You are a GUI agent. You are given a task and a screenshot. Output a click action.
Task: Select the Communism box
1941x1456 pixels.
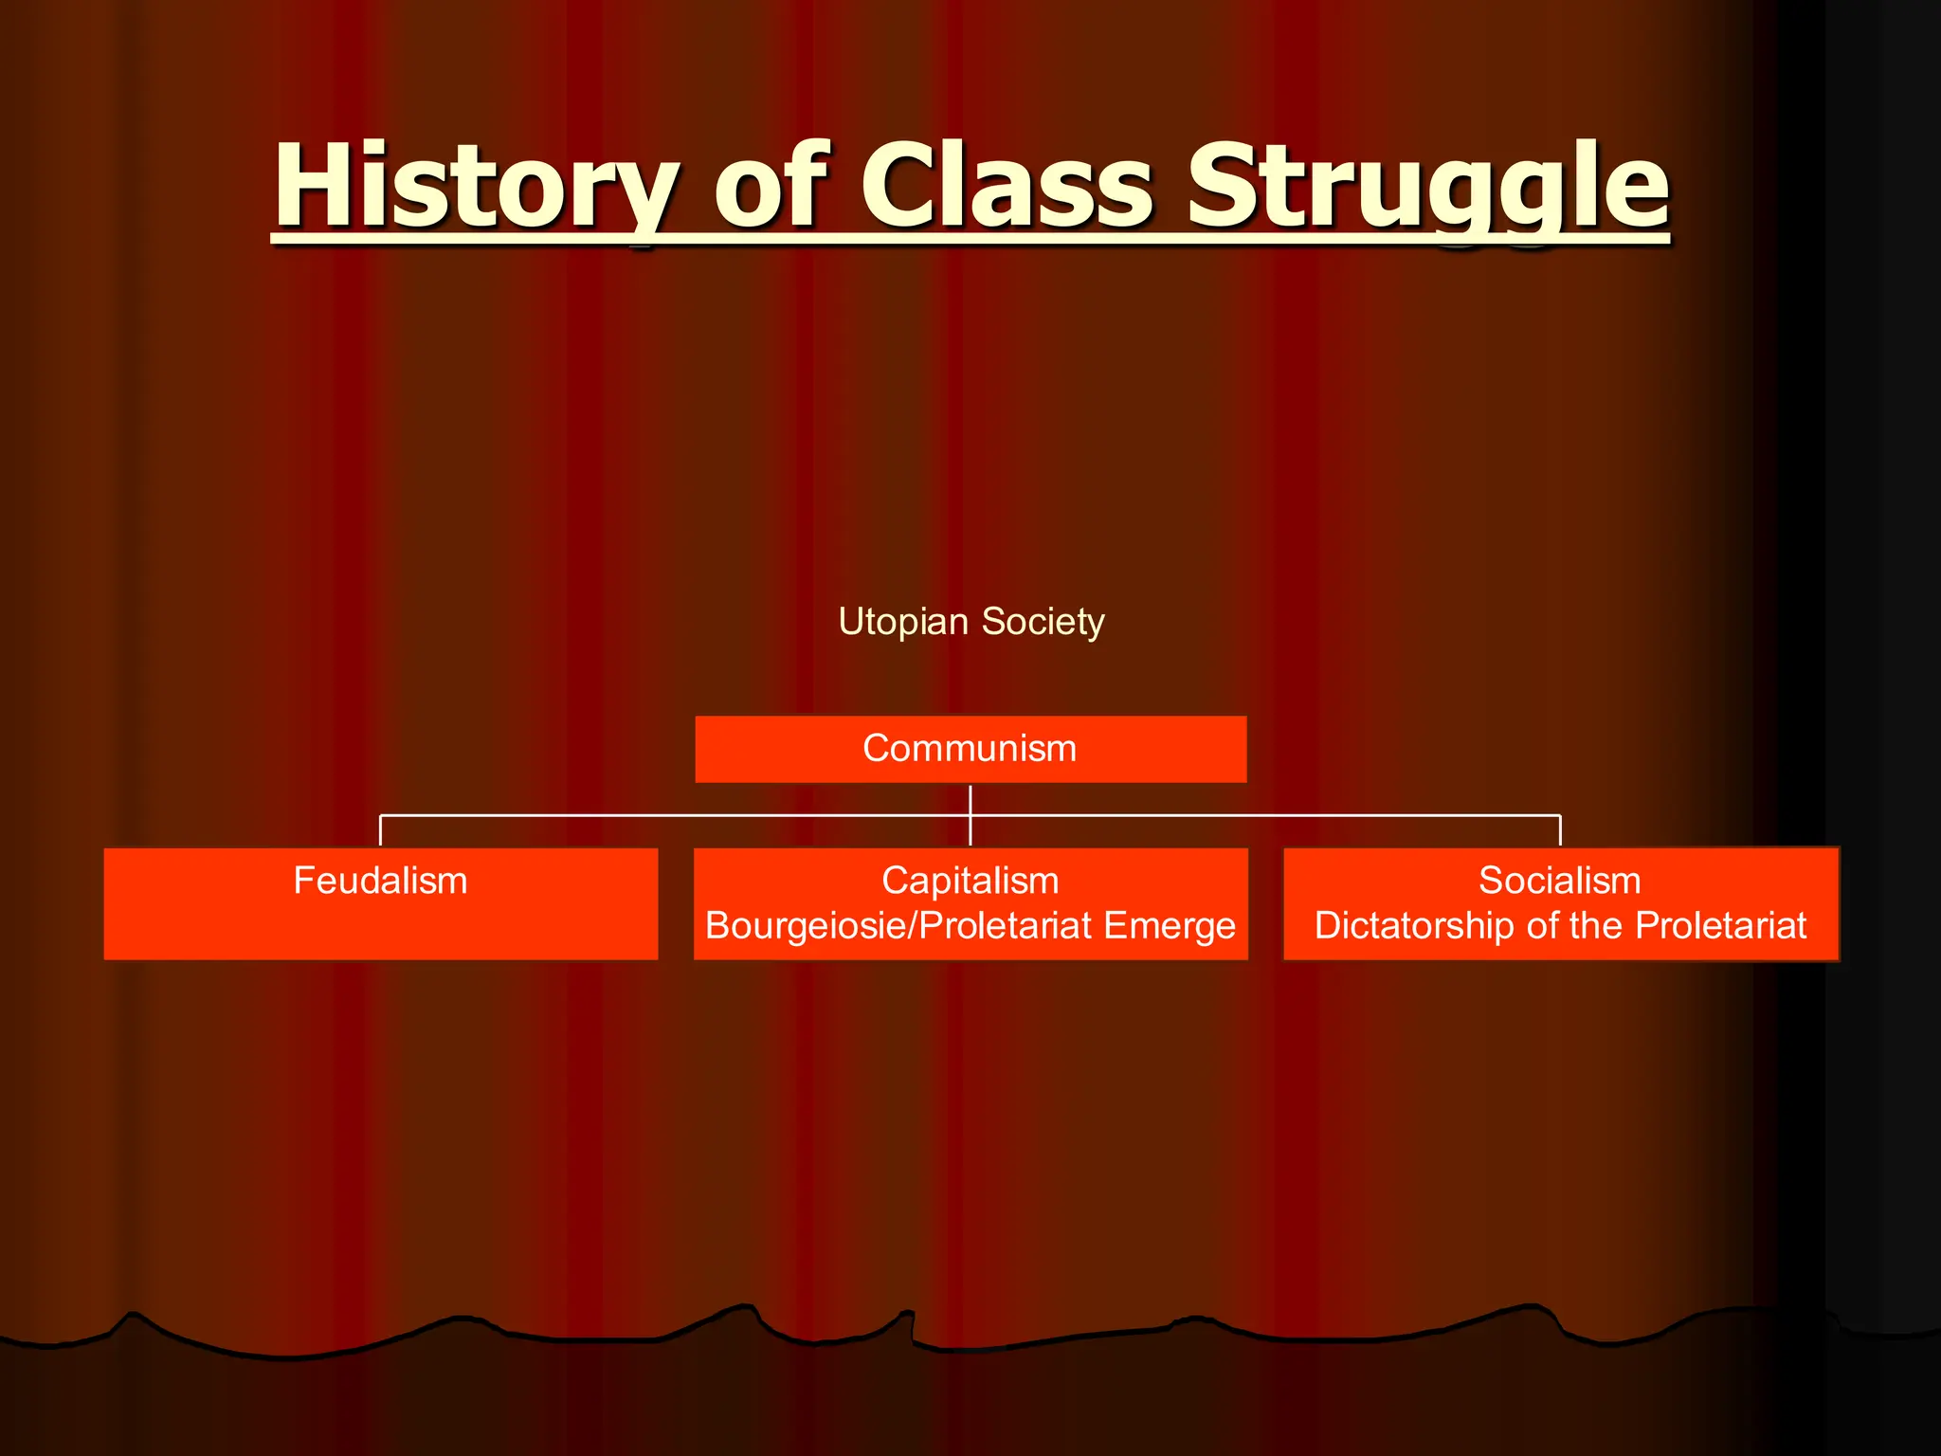pos(970,749)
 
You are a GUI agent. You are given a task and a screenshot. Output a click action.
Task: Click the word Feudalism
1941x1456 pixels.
pos(380,881)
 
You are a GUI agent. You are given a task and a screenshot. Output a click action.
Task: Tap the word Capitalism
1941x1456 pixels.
pos(970,881)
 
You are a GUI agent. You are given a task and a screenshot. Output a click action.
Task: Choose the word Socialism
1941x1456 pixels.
pos(1559,881)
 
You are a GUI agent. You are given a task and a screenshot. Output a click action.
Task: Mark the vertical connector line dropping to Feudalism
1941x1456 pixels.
pos(380,830)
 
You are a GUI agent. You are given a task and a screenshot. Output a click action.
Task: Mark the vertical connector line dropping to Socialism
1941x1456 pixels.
pos(1560,830)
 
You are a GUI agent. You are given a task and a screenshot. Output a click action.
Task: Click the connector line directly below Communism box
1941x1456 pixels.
pos(970,799)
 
